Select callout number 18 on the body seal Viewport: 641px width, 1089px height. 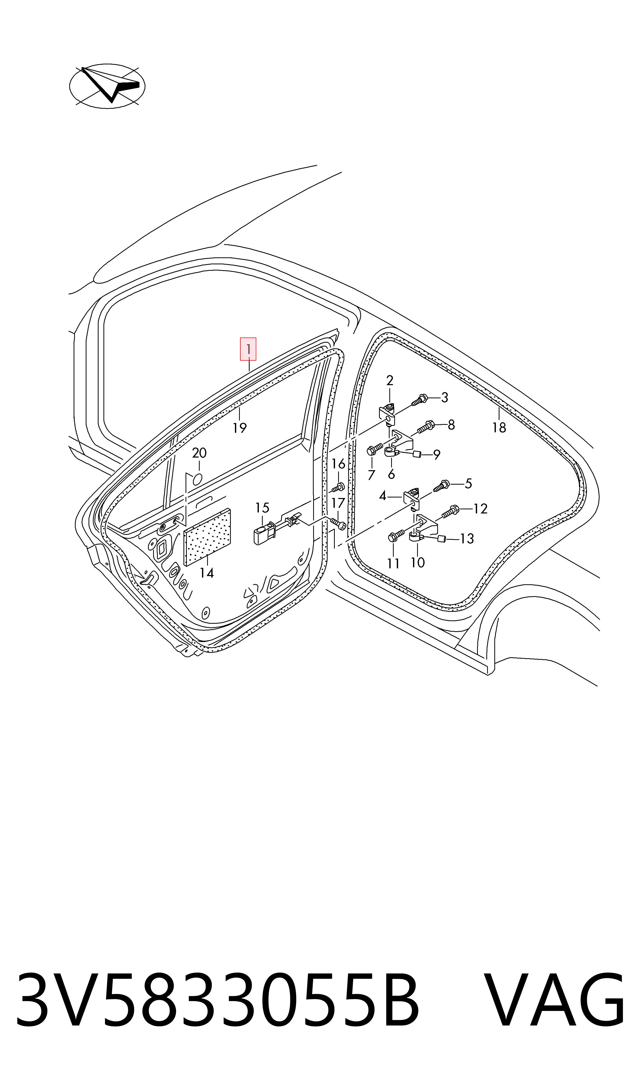499,428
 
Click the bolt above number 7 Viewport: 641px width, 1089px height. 374,449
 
